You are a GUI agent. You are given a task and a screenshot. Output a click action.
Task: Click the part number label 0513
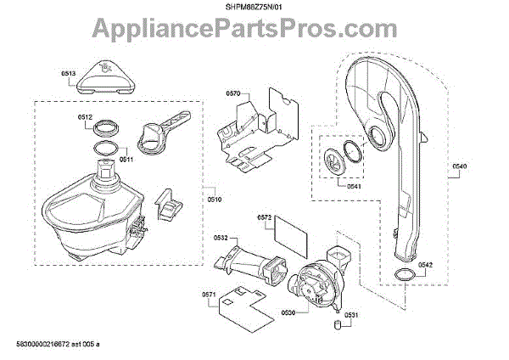[69, 74]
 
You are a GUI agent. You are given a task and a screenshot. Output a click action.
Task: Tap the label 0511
[125, 159]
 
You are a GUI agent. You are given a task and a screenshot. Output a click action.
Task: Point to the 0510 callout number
[214, 200]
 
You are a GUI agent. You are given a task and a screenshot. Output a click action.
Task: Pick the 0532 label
[220, 239]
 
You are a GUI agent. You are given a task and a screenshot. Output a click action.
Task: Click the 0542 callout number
[425, 266]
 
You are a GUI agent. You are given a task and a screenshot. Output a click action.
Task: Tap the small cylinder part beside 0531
[338, 323]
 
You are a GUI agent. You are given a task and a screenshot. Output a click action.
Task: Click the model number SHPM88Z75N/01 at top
[255, 8]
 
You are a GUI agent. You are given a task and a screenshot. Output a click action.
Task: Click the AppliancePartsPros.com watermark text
[255, 31]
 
